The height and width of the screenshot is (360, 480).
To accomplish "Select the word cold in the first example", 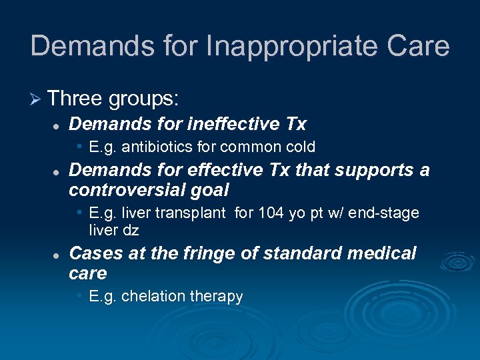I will tap(301, 147).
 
